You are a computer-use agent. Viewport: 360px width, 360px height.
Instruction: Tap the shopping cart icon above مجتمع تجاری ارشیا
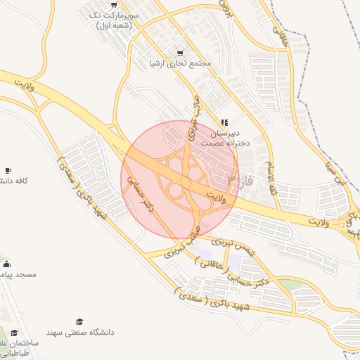tap(180, 53)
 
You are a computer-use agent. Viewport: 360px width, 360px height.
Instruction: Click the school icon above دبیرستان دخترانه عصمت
tap(224, 122)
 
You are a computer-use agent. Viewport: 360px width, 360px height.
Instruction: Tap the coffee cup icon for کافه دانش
tap(8, 170)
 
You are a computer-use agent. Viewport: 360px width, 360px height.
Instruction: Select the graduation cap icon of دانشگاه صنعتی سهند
tap(79, 321)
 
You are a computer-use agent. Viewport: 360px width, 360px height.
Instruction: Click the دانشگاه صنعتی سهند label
tap(79, 331)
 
